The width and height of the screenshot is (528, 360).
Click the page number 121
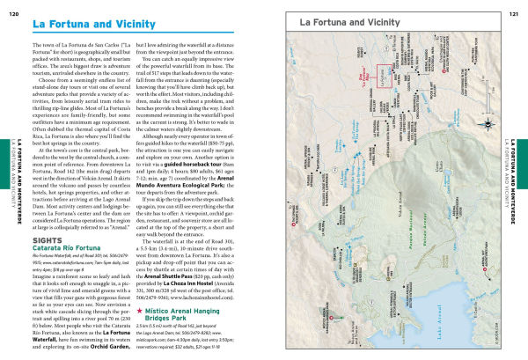(514, 6)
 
